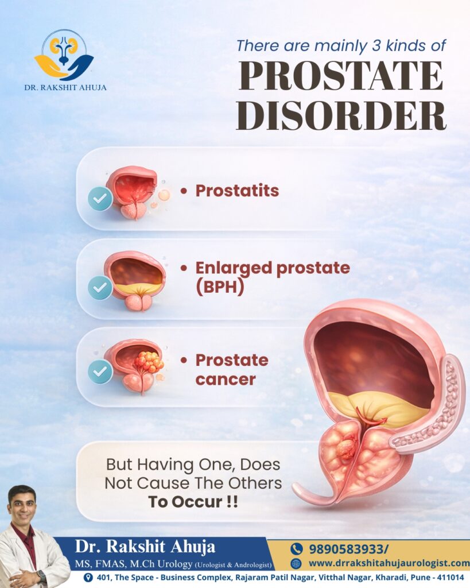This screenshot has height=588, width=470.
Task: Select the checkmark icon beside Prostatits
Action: [x=100, y=199]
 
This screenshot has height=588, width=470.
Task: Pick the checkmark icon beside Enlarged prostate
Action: [x=100, y=288]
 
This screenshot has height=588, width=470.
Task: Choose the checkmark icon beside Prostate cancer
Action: [x=100, y=372]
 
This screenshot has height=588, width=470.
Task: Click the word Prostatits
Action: [x=237, y=191]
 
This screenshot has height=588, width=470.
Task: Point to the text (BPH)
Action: [x=219, y=287]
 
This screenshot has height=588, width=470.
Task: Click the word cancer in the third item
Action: [x=225, y=379]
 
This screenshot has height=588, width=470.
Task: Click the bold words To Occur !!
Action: [x=193, y=501]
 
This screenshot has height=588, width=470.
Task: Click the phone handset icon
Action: [x=296, y=548]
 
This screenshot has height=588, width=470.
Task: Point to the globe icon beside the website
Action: [x=296, y=563]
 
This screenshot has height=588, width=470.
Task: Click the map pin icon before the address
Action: [x=88, y=578]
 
